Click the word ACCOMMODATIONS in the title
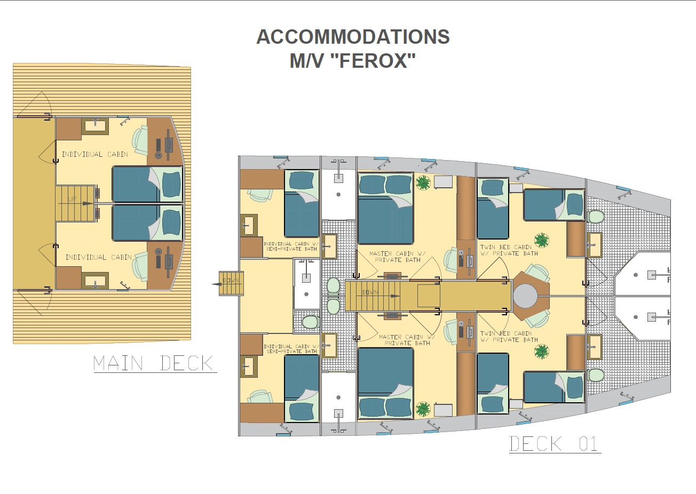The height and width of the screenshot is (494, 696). [x=353, y=37]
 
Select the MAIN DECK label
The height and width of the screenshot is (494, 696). [x=154, y=363]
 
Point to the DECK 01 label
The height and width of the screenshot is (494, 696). [x=553, y=444]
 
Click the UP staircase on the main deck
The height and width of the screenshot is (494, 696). [x=75, y=203]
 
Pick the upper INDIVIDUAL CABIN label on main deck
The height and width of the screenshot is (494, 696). [x=95, y=154]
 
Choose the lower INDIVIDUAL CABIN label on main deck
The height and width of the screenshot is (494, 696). [x=99, y=257]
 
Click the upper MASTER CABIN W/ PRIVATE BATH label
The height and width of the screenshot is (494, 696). [x=398, y=257]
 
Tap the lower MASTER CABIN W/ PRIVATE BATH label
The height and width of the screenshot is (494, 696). [x=407, y=340]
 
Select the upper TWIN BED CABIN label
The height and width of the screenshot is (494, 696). [x=509, y=250]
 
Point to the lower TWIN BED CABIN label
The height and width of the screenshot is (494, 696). [x=509, y=337]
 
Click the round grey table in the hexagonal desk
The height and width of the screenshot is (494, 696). [x=525, y=296]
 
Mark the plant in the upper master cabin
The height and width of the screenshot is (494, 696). [x=423, y=182]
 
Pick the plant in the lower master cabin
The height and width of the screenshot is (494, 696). [x=423, y=409]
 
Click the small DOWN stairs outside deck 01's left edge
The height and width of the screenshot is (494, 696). [x=231, y=283]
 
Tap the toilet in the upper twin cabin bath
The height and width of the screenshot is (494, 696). [x=596, y=217]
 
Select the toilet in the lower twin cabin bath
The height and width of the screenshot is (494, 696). [x=596, y=375]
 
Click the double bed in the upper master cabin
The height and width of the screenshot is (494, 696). [x=385, y=208]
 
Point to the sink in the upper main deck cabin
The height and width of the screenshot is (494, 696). [x=95, y=126]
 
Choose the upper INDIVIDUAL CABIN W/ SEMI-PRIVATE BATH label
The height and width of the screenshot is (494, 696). [x=291, y=246]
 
